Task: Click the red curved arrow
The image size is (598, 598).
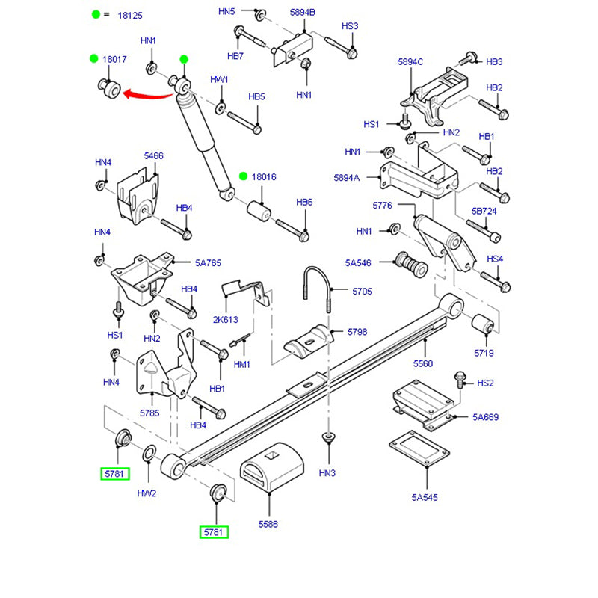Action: point(147,94)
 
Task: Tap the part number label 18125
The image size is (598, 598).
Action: point(132,15)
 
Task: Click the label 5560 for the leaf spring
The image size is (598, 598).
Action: point(423,363)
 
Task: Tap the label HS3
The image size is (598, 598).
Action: point(350,26)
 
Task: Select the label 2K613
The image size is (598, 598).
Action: point(225,319)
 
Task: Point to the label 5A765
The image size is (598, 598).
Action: point(208,263)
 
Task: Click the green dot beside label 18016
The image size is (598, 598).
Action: point(244,176)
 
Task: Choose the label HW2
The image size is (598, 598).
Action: point(147,493)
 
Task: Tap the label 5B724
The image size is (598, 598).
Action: point(484,212)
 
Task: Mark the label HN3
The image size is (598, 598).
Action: point(327,472)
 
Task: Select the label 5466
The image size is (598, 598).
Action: point(153,156)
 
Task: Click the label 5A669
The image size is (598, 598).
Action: point(485,417)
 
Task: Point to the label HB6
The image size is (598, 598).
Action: point(304,203)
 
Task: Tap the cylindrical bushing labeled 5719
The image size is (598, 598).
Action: point(480,326)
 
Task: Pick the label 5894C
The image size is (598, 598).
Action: point(410,62)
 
